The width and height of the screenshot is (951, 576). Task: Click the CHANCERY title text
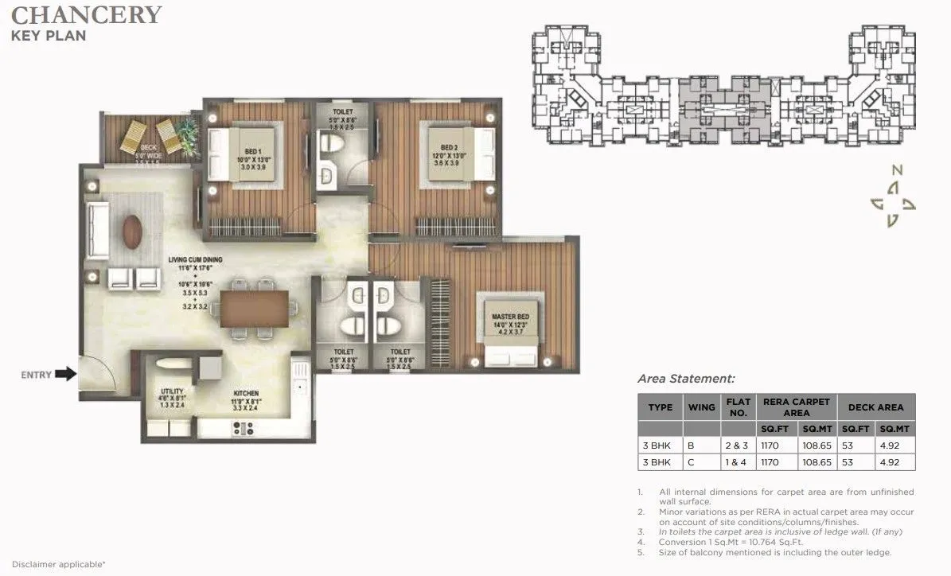click(x=87, y=14)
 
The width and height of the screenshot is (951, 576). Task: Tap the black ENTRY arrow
click(x=67, y=372)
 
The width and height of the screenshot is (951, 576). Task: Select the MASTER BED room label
click(x=510, y=317)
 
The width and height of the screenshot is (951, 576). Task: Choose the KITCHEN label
click(x=245, y=393)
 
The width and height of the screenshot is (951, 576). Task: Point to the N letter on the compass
click(x=896, y=169)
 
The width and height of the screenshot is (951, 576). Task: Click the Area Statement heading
click(x=687, y=379)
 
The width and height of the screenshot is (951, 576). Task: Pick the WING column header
click(x=700, y=407)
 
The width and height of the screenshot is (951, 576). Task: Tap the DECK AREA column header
click(x=875, y=407)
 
